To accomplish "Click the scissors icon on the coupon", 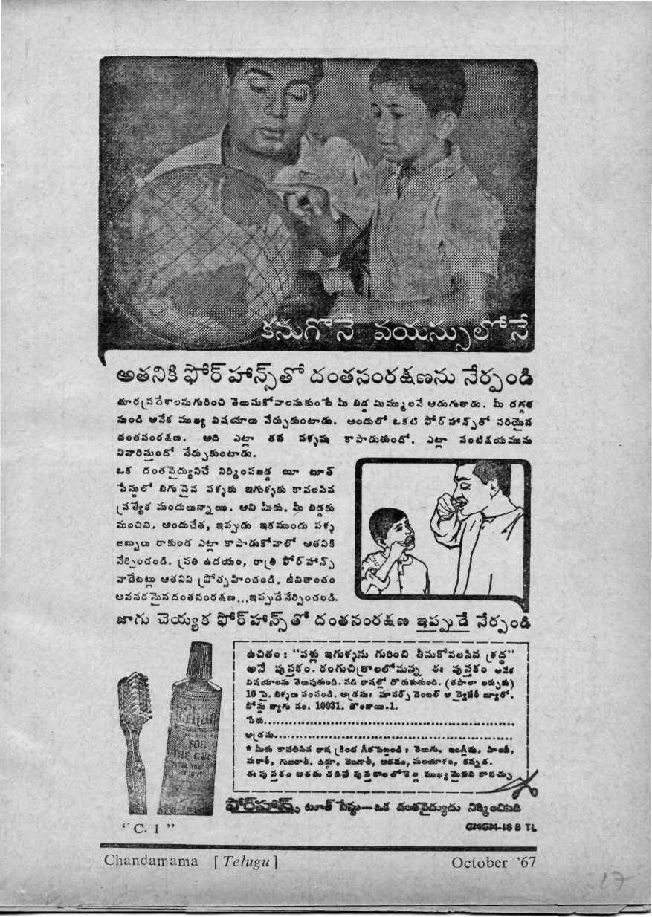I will [x=523, y=781].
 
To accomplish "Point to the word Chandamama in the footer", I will [x=152, y=861].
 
